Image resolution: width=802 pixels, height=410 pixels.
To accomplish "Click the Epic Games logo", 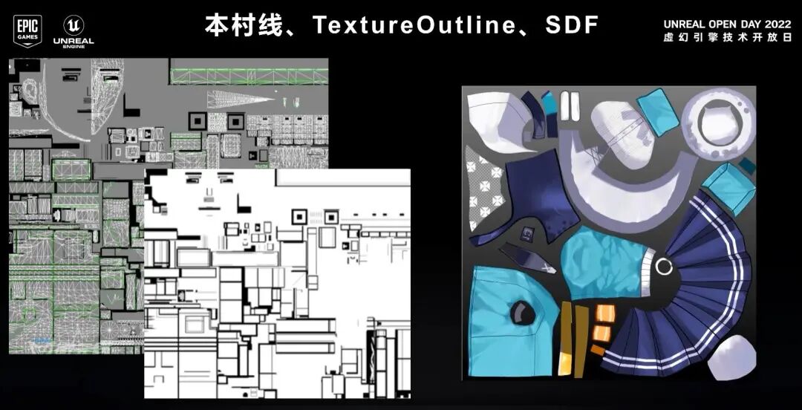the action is pos(28,31).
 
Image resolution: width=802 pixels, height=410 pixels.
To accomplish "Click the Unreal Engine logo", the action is pos(74,31).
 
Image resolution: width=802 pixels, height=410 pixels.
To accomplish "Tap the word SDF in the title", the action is pos(572,25).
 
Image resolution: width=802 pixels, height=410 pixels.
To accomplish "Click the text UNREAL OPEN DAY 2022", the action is pos(727,24).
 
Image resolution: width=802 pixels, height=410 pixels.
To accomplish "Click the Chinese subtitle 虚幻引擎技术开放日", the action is pos(727,37).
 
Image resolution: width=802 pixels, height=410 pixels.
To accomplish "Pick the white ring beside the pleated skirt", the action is pos(664,266).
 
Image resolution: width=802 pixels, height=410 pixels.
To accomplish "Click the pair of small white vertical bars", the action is pos(570,105).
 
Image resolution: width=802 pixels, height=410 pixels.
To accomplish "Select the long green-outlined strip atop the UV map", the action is pos(249,76).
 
